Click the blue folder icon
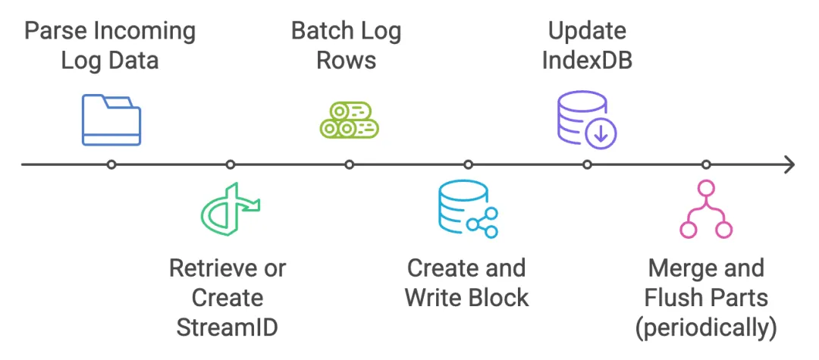point(111,119)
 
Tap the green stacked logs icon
point(349,119)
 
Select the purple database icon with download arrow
point(587,119)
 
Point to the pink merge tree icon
point(705,210)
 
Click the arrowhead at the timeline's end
point(789,164)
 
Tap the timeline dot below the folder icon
point(111,164)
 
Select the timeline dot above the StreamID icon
point(231,164)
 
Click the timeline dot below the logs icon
point(350,164)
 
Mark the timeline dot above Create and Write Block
point(468,164)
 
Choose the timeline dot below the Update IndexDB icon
point(587,164)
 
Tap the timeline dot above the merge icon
point(706,164)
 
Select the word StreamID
point(227,327)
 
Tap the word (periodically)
point(706,327)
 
